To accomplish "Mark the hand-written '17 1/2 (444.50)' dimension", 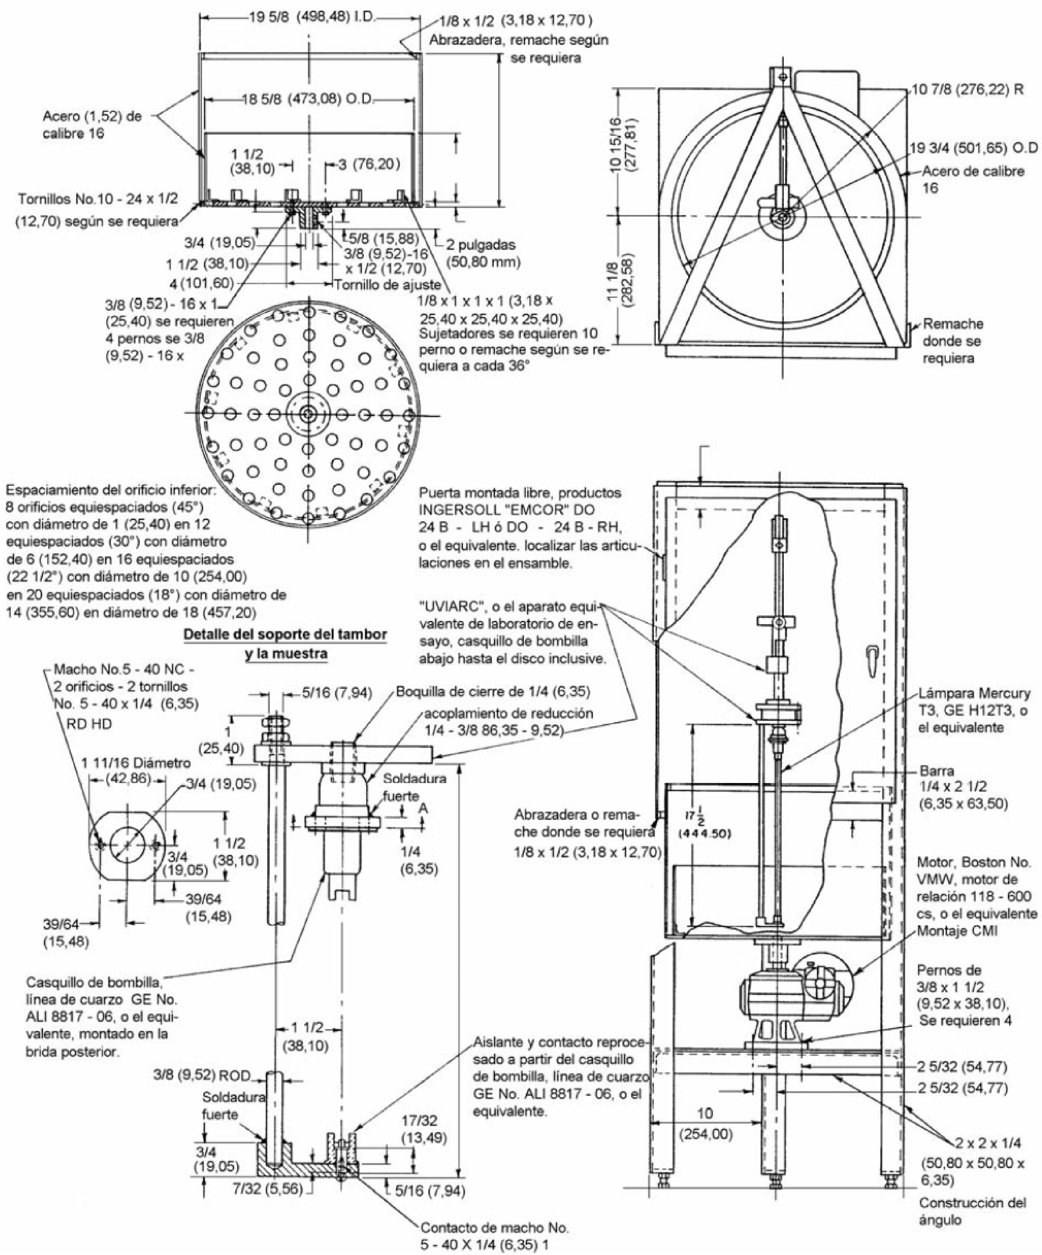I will point(707,825).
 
